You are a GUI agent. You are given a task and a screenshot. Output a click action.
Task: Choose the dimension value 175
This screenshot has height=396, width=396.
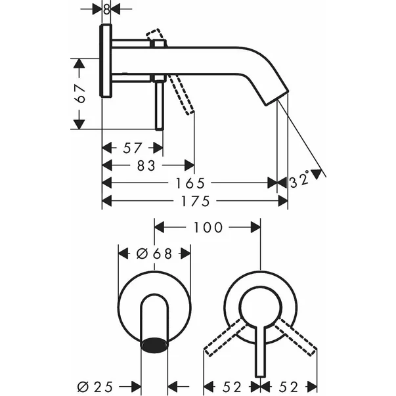click(x=195, y=200)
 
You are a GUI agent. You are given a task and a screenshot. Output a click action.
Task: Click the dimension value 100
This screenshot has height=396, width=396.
click(x=208, y=227)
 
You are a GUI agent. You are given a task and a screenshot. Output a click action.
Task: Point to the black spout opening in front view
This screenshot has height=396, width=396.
click(x=155, y=343)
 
